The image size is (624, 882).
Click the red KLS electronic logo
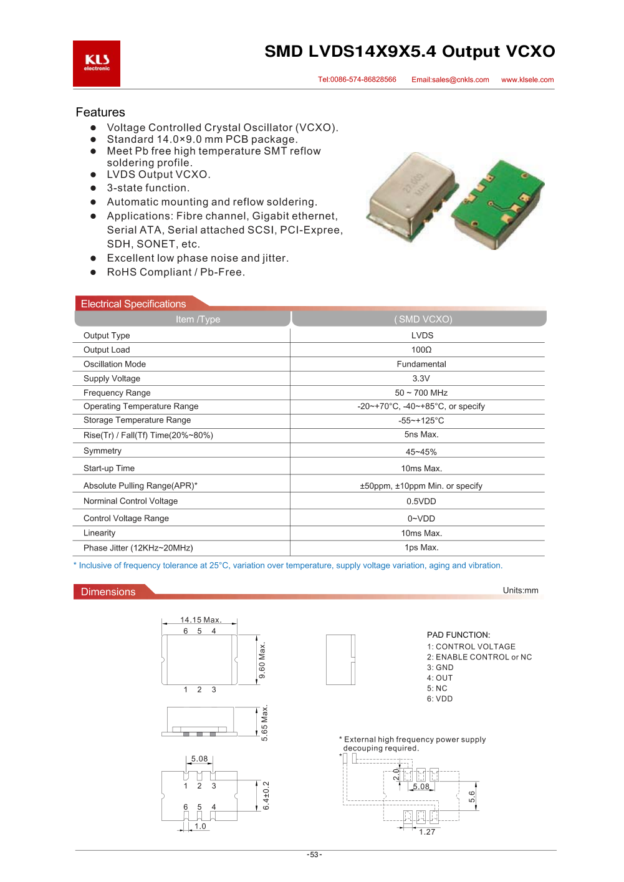97,64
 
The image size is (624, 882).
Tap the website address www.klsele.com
527,80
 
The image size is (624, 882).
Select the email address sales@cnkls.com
450,80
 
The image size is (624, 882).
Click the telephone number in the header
357,80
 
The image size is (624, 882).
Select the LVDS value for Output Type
422,335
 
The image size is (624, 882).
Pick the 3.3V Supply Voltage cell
421,378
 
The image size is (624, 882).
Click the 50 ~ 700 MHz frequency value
421,393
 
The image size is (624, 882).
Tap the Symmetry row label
102,451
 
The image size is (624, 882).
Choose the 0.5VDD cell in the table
421,501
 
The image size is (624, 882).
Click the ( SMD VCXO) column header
423,319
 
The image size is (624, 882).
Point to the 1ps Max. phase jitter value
421,547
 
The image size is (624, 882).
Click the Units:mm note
521,590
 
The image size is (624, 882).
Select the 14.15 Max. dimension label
201,620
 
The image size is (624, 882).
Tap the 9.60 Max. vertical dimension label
262,660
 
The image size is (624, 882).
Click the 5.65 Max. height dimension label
265,723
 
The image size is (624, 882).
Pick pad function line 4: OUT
440,678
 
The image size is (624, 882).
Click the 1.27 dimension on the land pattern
427,832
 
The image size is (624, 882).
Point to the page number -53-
314,855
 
